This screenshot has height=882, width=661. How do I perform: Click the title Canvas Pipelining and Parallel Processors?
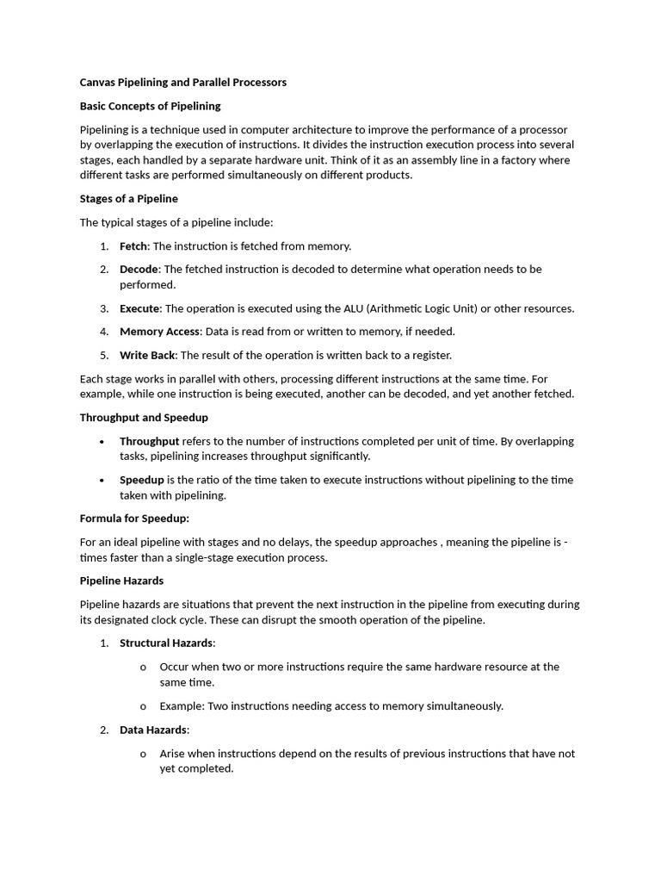[182, 83]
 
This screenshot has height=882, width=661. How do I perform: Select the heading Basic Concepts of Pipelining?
[150, 106]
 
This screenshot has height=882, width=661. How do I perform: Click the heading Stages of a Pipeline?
[128, 199]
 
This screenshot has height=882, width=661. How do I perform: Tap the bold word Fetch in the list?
[133, 246]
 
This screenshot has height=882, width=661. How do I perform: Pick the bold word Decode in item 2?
[139, 270]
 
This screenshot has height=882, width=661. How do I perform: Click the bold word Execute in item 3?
[139, 308]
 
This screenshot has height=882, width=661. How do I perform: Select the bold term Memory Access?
[159, 332]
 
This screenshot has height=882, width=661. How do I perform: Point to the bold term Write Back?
[147, 355]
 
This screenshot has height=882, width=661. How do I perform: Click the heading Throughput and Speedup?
[144, 418]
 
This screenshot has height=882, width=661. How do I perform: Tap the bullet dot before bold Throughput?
[102, 442]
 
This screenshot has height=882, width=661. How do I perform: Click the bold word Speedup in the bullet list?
[141, 481]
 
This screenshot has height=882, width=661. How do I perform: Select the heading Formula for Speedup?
[134, 519]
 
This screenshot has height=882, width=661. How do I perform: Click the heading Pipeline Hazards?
[121, 581]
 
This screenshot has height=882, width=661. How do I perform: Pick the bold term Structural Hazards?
[166, 643]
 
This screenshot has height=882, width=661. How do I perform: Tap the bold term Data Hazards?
[152, 730]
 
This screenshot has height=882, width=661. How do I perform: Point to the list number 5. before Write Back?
[104, 355]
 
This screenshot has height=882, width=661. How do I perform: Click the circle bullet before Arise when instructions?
[143, 755]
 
